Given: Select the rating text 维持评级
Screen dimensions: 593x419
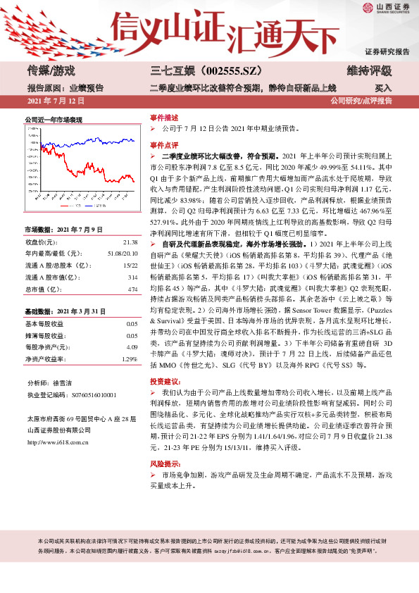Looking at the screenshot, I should [371, 70].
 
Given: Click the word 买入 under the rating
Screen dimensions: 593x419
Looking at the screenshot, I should [383, 88].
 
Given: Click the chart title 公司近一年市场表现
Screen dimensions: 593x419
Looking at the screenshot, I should [54, 120].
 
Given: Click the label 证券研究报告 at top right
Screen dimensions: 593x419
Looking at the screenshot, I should [386, 52].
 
